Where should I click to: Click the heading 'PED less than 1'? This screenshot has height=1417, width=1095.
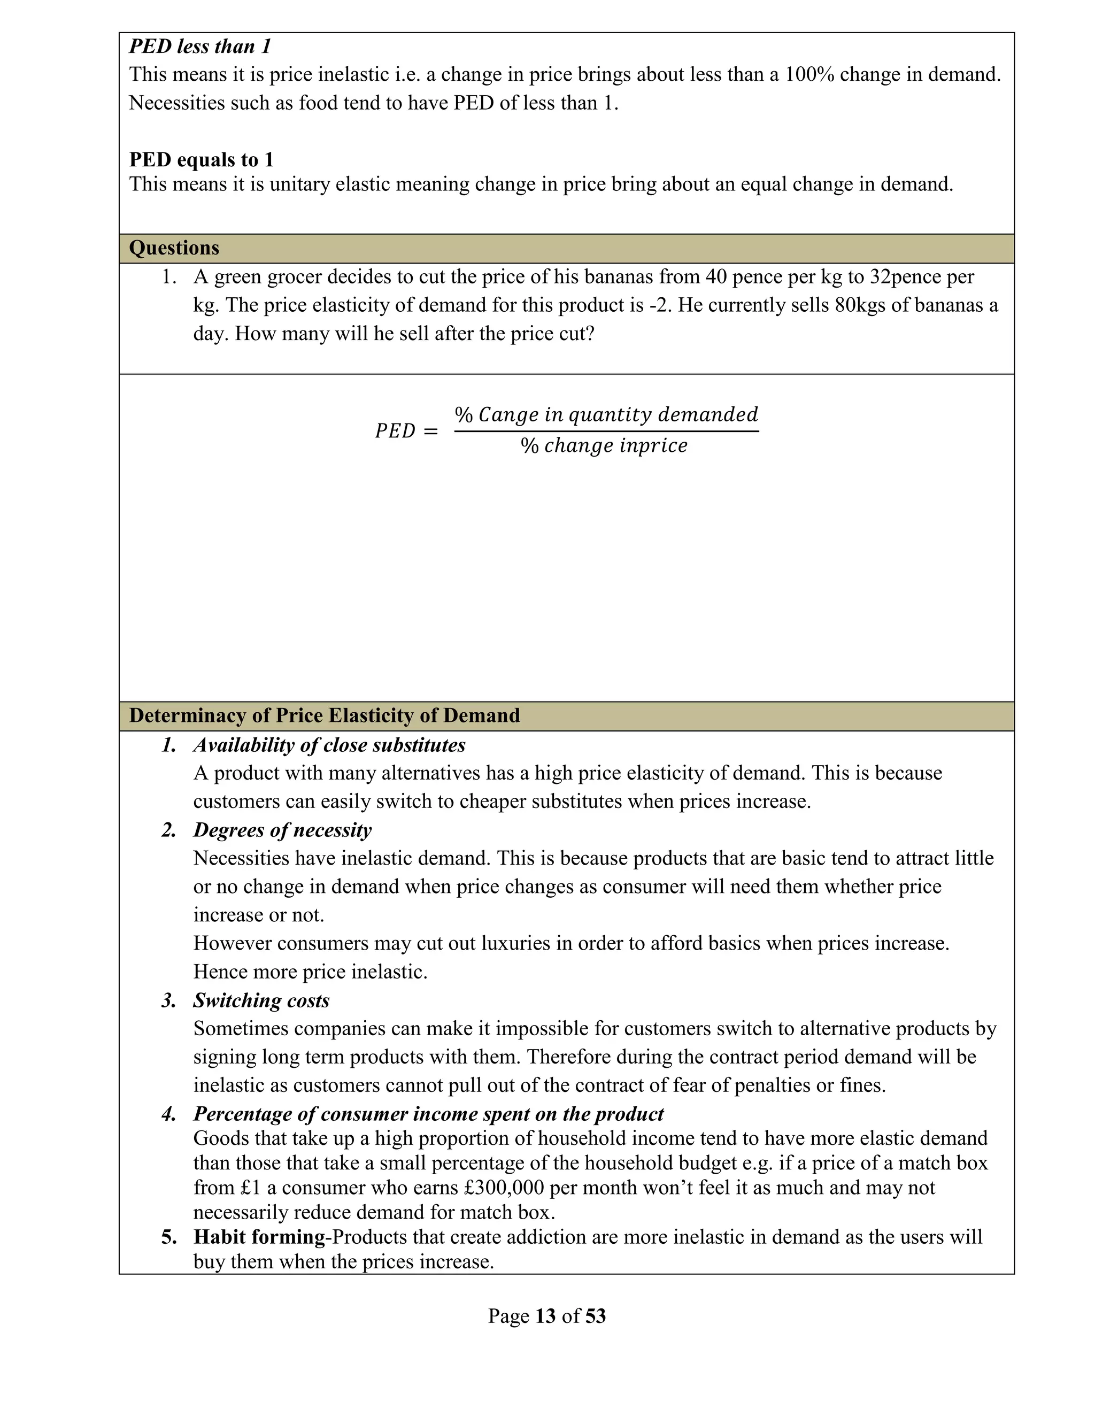click(200, 47)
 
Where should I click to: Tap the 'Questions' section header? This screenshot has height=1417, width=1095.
click(174, 248)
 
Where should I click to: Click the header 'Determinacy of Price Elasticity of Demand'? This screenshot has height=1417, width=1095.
click(325, 715)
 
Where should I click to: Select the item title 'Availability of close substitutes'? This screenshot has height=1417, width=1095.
click(329, 745)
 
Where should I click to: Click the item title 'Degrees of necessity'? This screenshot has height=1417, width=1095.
click(282, 830)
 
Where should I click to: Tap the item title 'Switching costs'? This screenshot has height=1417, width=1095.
click(261, 1000)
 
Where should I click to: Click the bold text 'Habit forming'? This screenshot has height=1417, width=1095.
click(259, 1237)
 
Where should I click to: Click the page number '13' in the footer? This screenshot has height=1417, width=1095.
click(545, 1316)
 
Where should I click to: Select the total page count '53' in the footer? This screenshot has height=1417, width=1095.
click(595, 1316)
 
